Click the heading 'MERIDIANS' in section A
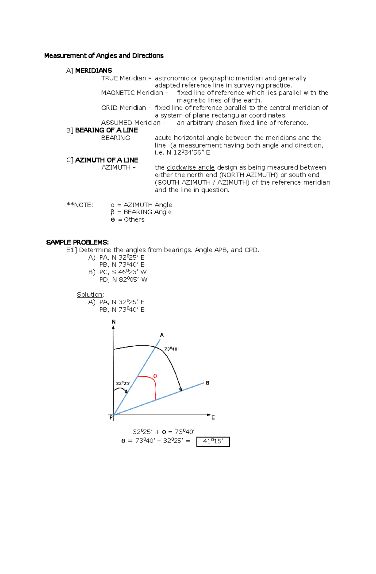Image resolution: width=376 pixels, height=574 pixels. point(93,70)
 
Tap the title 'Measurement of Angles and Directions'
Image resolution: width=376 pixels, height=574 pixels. point(104,56)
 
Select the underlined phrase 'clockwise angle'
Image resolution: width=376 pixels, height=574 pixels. point(191,167)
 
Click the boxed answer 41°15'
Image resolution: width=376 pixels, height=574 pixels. point(213,441)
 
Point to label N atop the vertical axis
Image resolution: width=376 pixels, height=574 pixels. point(113,322)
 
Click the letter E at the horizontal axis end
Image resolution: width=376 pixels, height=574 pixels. point(213,418)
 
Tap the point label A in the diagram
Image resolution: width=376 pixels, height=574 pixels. point(162,335)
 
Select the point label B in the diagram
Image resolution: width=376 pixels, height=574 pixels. point(207,383)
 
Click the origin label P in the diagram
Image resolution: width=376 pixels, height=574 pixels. point(111,418)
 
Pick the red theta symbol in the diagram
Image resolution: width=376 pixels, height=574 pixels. point(155,376)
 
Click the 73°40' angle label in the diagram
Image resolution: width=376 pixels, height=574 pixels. point(171,349)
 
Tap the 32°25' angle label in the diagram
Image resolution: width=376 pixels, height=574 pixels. point(123,383)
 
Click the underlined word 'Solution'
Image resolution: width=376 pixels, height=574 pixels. point(90,294)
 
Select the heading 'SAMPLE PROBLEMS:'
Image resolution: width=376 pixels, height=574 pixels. point(77,242)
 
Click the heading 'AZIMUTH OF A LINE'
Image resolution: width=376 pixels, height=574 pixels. point(107,160)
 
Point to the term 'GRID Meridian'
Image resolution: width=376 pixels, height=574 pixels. point(123,108)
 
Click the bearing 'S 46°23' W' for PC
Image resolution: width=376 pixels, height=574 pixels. point(129,272)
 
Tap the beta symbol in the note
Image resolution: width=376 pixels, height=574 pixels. point(112,212)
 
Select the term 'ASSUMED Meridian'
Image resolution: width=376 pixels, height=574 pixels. point(131,123)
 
